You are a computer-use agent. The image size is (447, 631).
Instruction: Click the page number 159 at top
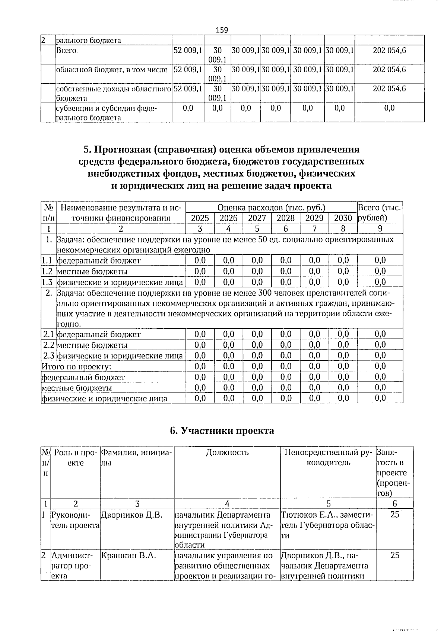(x=222, y=30)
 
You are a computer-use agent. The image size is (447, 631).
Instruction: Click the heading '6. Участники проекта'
(x=222, y=431)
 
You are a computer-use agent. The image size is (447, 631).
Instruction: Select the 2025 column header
(x=200, y=218)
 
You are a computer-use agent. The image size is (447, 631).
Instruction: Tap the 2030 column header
(x=343, y=218)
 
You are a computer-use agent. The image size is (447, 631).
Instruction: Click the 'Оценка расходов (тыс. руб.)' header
(x=271, y=207)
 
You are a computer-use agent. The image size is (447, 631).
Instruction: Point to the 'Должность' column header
(x=227, y=452)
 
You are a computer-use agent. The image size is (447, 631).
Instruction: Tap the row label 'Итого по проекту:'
(x=77, y=367)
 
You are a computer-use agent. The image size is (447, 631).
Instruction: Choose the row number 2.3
(x=49, y=356)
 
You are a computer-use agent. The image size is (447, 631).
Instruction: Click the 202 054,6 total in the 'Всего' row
(x=389, y=51)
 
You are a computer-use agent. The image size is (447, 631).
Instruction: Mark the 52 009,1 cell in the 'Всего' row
(x=188, y=51)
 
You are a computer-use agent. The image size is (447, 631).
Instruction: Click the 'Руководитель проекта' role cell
(x=76, y=520)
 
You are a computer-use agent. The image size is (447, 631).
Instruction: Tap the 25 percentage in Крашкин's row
(x=395, y=555)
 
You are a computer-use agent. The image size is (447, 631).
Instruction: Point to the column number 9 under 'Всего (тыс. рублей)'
(x=380, y=228)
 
